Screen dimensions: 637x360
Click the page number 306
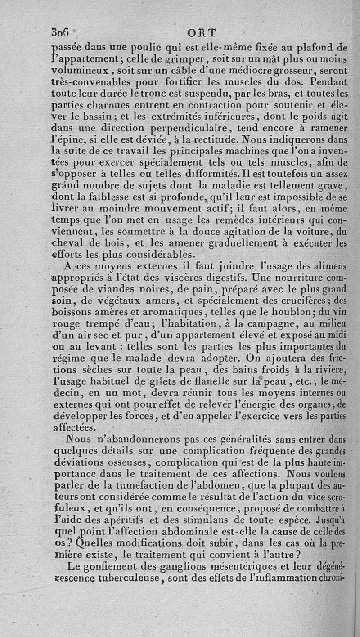[x=60, y=32]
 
